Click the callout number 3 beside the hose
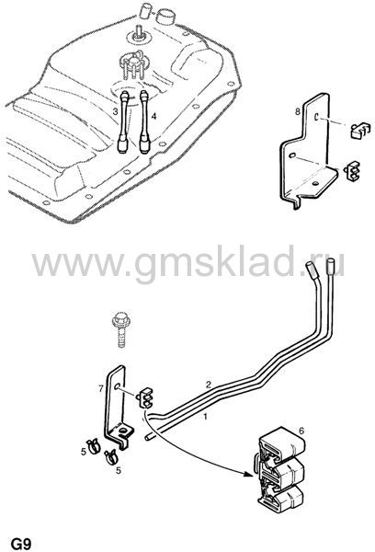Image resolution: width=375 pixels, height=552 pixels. coord(115,111)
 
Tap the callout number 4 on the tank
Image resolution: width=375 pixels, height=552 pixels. coord(153,116)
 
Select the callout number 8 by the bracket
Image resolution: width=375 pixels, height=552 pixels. coord(298,112)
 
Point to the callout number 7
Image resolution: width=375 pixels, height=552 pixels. coord(101,389)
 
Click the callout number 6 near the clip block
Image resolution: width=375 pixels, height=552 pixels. coord(301,431)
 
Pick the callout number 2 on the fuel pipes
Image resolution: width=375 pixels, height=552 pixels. coord(209,385)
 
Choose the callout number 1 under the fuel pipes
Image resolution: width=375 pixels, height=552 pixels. coord(206,417)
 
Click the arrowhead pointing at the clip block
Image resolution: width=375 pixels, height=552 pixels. coord(249,474)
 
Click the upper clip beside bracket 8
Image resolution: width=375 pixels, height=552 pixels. coord(360,131)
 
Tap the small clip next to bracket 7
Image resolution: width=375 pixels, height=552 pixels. coord(146,397)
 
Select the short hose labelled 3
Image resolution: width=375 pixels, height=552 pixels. coord(123,121)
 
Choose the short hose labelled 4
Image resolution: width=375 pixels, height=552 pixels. coord(144,121)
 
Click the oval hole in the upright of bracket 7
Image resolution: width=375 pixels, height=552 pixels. coord(117,386)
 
